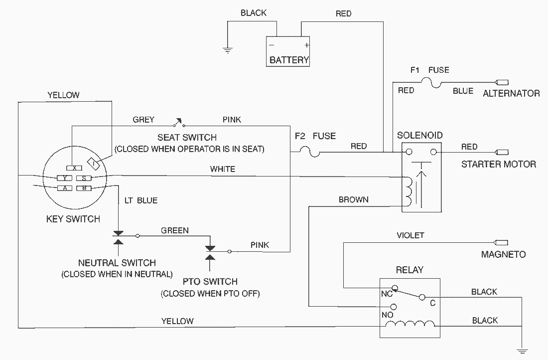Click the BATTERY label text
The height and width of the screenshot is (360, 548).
[289, 60]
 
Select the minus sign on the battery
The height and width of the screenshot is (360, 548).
[272, 45]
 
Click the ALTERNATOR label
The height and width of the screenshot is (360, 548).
[511, 93]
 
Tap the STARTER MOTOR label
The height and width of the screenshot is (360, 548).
[499, 164]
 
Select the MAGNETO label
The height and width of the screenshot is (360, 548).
[503, 254]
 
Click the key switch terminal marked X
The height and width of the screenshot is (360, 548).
[74, 168]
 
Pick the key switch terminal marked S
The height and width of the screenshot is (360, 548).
[84, 178]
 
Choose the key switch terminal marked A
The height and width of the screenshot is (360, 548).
[65, 188]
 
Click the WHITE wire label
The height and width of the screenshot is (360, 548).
[222, 169]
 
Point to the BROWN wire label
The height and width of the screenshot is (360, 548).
[353, 199]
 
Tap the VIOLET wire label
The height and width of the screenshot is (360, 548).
[411, 235]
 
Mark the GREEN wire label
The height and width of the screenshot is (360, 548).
[175, 230]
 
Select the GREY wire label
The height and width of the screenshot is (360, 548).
[143, 120]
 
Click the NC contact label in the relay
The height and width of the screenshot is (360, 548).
[387, 294]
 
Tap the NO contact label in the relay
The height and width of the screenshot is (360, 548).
[387, 315]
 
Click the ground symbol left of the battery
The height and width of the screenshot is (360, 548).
[228, 50]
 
